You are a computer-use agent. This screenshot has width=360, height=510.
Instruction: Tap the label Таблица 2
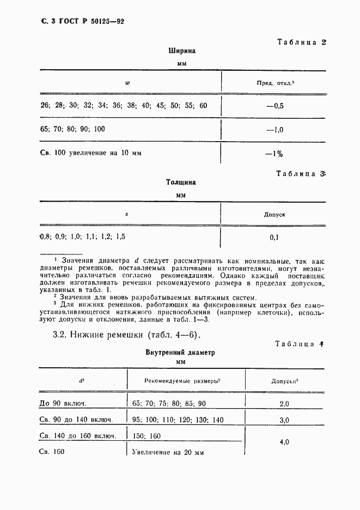(301, 42)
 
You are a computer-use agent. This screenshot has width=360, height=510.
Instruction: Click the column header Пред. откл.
(276, 83)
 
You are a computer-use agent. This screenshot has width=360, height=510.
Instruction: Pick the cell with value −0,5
(275, 106)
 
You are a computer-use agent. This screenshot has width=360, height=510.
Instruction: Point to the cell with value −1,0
(275, 130)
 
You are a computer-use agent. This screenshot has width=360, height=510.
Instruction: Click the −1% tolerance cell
(275, 154)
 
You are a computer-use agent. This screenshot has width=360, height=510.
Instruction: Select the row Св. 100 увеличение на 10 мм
(91, 154)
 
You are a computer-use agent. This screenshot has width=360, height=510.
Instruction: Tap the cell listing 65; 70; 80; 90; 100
(73, 130)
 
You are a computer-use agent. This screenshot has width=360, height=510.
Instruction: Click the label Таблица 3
(301, 174)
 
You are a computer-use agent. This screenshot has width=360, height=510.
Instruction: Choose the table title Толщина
(181, 183)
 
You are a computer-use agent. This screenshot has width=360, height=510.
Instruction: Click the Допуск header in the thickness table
(275, 215)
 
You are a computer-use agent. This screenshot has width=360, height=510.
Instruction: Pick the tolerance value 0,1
(275, 238)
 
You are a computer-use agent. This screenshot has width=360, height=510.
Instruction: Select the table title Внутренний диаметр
(180, 353)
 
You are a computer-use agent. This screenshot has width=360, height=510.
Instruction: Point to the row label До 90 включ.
(64, 404)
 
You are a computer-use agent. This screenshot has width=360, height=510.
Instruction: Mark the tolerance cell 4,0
(284, 443)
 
